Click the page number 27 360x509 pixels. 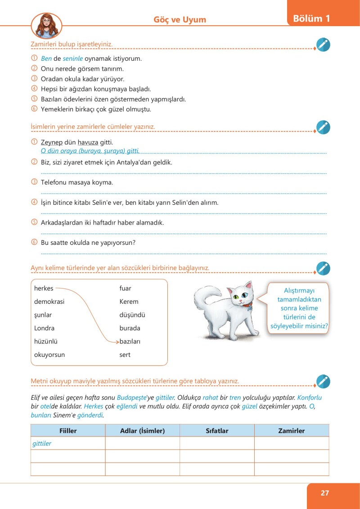tap(325, 493)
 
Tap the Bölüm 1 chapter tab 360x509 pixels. tap(311, 18)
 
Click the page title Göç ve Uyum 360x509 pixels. tap(180, 19)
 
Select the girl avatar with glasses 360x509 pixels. tap(46, 26)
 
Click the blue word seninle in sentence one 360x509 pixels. tap(73, 59)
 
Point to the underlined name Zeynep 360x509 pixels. tap(51, 143)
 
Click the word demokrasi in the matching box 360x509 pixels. tap(49, 302)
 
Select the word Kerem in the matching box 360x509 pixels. tap(129, 302)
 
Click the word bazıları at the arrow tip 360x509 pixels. tap(130, 342)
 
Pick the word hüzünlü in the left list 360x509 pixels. tap(46, 342)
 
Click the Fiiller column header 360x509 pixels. tap(68, 431)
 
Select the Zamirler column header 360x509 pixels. tap(291, 431)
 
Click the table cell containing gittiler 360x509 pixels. tap(68, 443)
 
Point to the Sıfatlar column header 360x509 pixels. tap(217, 431)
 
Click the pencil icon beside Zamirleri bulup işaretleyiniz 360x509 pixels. tap(323, 45)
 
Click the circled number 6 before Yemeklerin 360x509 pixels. tap(34, 109)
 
